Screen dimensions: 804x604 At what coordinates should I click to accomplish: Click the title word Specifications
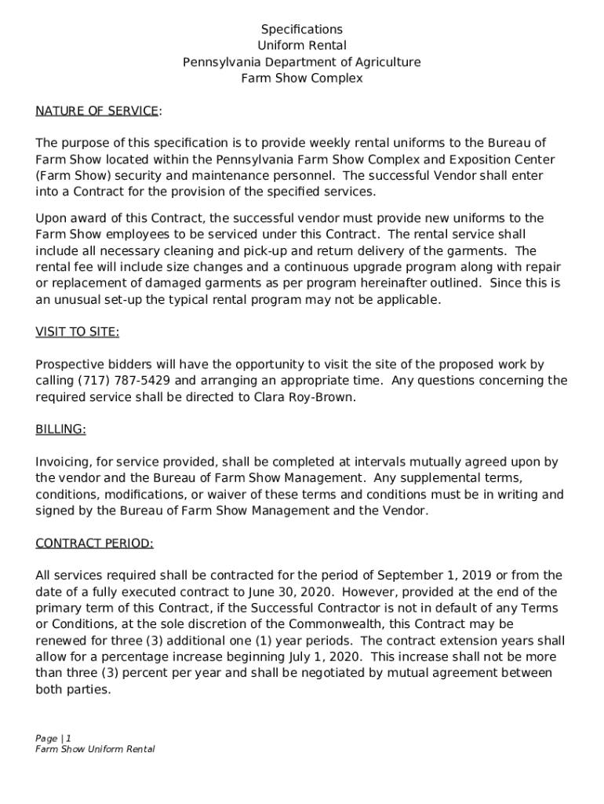point(302,30)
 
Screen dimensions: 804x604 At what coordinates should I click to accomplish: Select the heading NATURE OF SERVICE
point(96,111)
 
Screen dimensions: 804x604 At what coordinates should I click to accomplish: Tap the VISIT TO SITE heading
point(77,332)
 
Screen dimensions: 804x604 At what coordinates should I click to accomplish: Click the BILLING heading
point(60,429)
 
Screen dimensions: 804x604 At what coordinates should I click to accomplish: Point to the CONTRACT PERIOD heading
point(94,543)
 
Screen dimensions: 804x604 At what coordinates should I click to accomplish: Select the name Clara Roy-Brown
point(304,397)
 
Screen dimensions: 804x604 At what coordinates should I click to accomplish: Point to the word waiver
point(234,495)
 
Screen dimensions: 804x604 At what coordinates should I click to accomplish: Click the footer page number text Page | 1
point(53,738)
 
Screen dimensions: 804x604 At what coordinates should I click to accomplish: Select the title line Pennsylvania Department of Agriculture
point(302,62)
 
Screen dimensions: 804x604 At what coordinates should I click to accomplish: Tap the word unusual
point(78,299)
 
